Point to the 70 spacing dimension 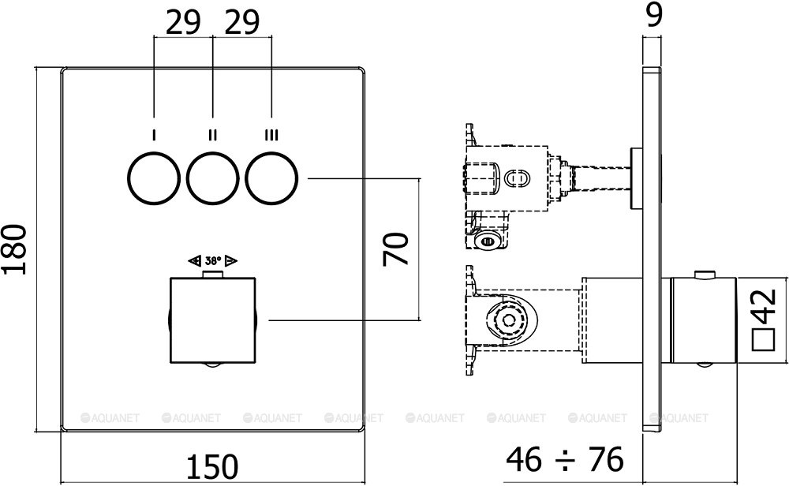coord(395,249)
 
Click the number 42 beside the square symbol coord(763,305)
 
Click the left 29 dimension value coord(183,23)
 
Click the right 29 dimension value coord(241,23)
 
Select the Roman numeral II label coord(212,135)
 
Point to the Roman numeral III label coord(271,135)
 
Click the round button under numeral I coord(153,180)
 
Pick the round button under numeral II coord(212,180)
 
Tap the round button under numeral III coord(271,180)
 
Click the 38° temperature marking coord(213,260)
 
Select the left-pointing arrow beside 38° coord(194,260)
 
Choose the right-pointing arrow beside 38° coord(232,260)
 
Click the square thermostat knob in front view coord(212,320)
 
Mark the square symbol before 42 coord(763,340)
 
